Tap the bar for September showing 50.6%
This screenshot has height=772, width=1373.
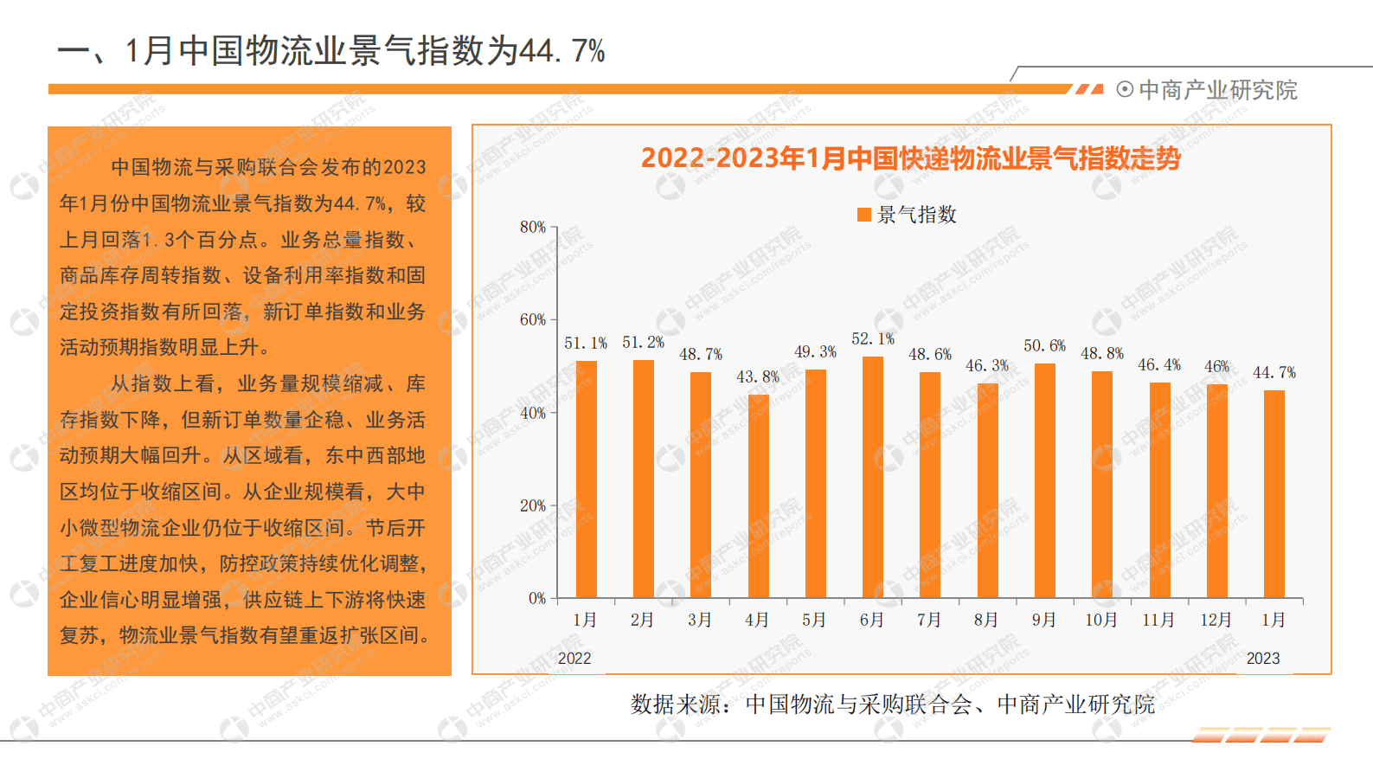coord(1044,480)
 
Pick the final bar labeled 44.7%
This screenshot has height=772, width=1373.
coord(1274,493)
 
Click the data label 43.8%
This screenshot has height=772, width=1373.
coord(758,376)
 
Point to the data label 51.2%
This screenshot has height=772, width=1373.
coord(643,343)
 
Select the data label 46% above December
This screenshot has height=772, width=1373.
coord(1216,366)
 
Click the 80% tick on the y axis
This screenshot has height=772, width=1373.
coord(532,227)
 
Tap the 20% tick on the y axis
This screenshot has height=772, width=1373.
coord(532,505)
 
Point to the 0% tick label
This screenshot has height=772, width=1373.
coord(536,598)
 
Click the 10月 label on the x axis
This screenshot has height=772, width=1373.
coord(1101,620)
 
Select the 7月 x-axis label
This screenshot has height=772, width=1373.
coord(929,620)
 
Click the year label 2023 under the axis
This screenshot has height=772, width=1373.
coord(1262,658)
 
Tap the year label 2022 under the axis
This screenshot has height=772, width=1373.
coord(574,658)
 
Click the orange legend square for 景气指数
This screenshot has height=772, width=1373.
coord(863,215)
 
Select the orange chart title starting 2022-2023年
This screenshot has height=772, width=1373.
coord(910,158)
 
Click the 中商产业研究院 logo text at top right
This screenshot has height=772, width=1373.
coord(1217,90)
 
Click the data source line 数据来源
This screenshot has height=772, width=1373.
coord(892,704)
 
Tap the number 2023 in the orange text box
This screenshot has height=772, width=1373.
coord(405,167)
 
